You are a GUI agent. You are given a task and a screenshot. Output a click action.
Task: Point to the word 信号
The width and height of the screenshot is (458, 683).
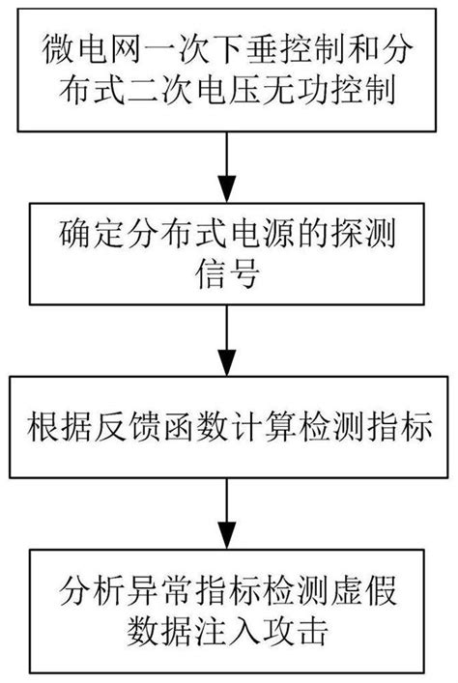click(x=227, y=274)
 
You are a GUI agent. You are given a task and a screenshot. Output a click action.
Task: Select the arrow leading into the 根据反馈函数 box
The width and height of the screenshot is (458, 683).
click(x=227, y=343)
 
